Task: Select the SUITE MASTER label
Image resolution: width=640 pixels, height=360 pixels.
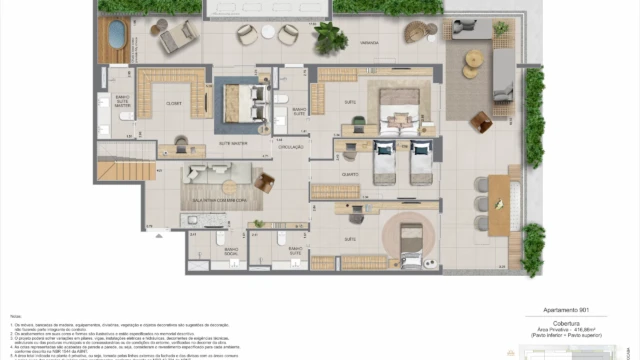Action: tap(232, 143)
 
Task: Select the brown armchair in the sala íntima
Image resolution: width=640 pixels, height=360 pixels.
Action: tap(264, 183)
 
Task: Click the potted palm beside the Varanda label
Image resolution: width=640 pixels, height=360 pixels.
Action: tap(328, 38)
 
